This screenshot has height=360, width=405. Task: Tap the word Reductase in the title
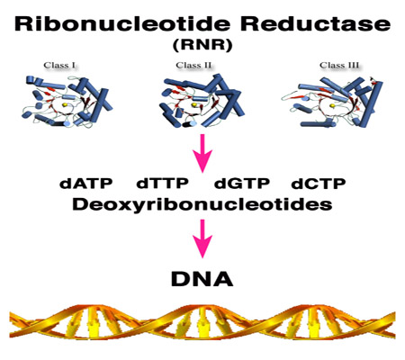point(316,24)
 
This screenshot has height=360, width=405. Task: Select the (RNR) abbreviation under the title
point(202,45)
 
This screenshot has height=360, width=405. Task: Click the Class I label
point(59,65)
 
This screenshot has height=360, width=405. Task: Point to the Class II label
point(193,65)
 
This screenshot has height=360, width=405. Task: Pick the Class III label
point(339,65)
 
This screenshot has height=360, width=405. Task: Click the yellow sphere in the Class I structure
point(65,104)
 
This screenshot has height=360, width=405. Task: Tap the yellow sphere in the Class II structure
point(194,104)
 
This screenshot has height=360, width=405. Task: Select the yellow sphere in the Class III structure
point(332,105)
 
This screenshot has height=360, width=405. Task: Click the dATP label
point(86,183)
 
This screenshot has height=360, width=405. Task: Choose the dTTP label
point(162,183)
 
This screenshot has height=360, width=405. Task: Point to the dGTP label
point(242,183)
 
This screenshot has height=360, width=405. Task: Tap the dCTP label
point(319,183)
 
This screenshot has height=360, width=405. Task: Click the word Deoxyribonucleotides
point(202,205)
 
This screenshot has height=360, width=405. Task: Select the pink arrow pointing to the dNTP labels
point(202,153)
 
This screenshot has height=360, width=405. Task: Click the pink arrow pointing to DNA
point(202,238)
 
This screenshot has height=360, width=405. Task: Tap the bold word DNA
point(202,279)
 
